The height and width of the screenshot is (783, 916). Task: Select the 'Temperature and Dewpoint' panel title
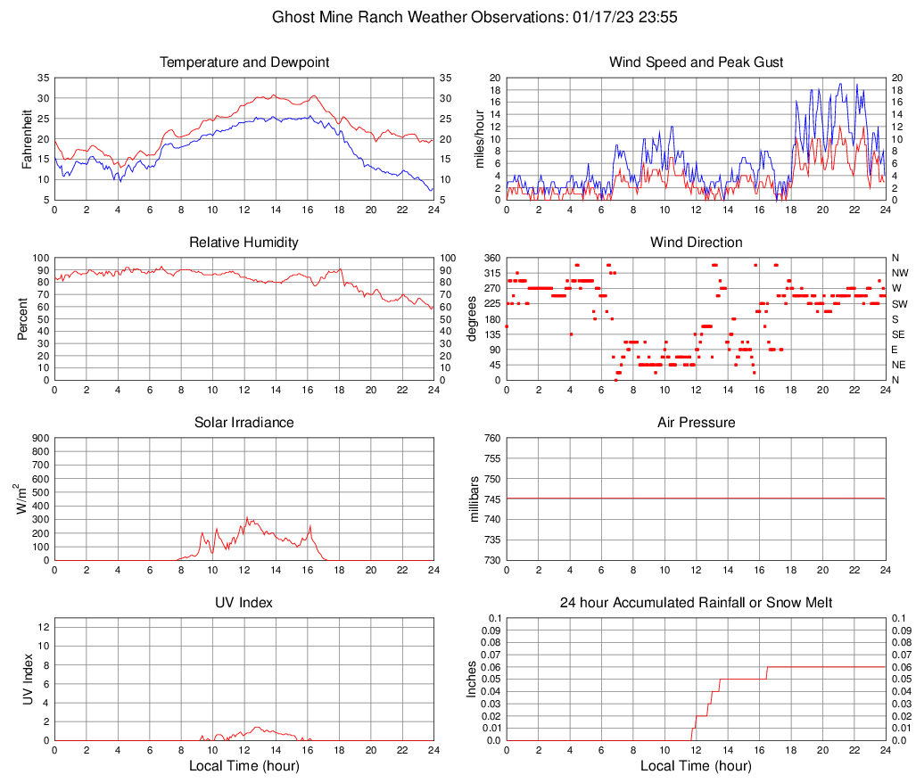(x=244, y=62)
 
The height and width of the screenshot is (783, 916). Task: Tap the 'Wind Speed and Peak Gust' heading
(x=696, y=62)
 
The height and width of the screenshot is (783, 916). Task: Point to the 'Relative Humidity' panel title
(x=244, y=243)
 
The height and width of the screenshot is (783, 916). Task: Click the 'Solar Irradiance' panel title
(x=244, y=422)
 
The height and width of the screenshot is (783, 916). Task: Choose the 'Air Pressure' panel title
(x=696, y=422)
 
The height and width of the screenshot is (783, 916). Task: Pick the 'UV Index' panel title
(x=244, y=603)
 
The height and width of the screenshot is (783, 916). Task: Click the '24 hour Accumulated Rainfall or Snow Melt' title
(x=696, y=603)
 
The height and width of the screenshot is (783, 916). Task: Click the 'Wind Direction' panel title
(x=696, y=243)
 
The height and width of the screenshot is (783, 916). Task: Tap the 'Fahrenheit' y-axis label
(x=26, y=138)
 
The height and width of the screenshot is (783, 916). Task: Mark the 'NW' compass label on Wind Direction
(x=898, y=273)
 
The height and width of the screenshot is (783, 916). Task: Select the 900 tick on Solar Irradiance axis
(x=40, y=438)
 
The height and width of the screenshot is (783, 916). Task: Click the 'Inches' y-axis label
(x=472, y=679)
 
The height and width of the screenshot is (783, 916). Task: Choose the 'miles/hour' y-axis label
(x=479, y=138)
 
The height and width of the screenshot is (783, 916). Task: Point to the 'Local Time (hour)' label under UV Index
(x=244, y=766)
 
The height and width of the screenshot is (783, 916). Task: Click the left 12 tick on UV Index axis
(x=43, y=626)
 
